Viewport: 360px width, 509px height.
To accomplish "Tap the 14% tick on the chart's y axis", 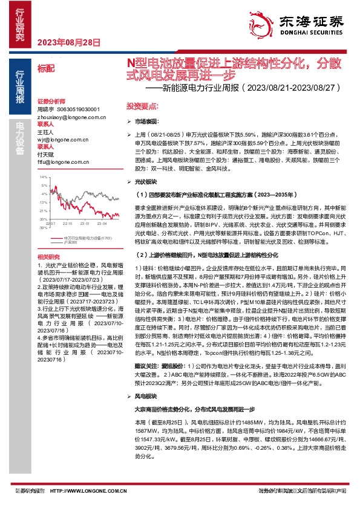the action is pyautogui.click(x=43, y=177).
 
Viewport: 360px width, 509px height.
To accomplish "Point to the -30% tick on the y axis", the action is pyautogui.click(x=42, y=219).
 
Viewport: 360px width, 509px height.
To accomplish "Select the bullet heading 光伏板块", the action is pyautogui.click(x=146, y=181).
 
